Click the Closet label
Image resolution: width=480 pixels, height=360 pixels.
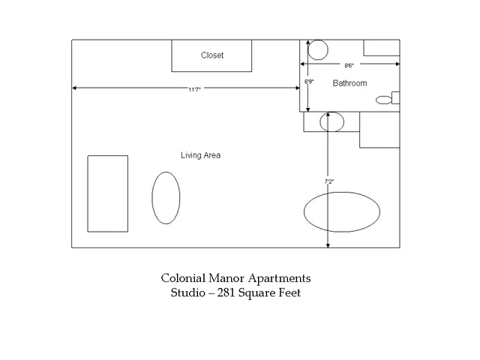(212, 55)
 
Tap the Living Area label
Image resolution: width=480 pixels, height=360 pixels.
(200, 155)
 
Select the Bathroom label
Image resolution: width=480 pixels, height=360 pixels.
(349, 83)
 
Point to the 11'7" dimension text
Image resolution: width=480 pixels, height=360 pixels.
(194, 89)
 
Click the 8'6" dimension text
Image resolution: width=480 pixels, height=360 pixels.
(349, 65)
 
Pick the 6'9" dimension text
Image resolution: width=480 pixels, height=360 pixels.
(309, 82)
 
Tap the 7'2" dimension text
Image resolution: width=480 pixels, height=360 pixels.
(329, 181)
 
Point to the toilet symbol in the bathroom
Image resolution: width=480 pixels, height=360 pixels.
(388, 98)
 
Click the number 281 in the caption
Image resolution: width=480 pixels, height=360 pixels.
(226, 292)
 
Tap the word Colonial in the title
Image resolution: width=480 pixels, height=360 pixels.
(183, 278)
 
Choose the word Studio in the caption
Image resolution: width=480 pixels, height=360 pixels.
(188, 292)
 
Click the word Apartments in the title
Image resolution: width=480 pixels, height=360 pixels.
(280, 278)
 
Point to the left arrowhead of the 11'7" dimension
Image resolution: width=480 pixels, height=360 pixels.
(74, 88)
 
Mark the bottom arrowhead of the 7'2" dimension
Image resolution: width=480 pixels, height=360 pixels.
(328, 245)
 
